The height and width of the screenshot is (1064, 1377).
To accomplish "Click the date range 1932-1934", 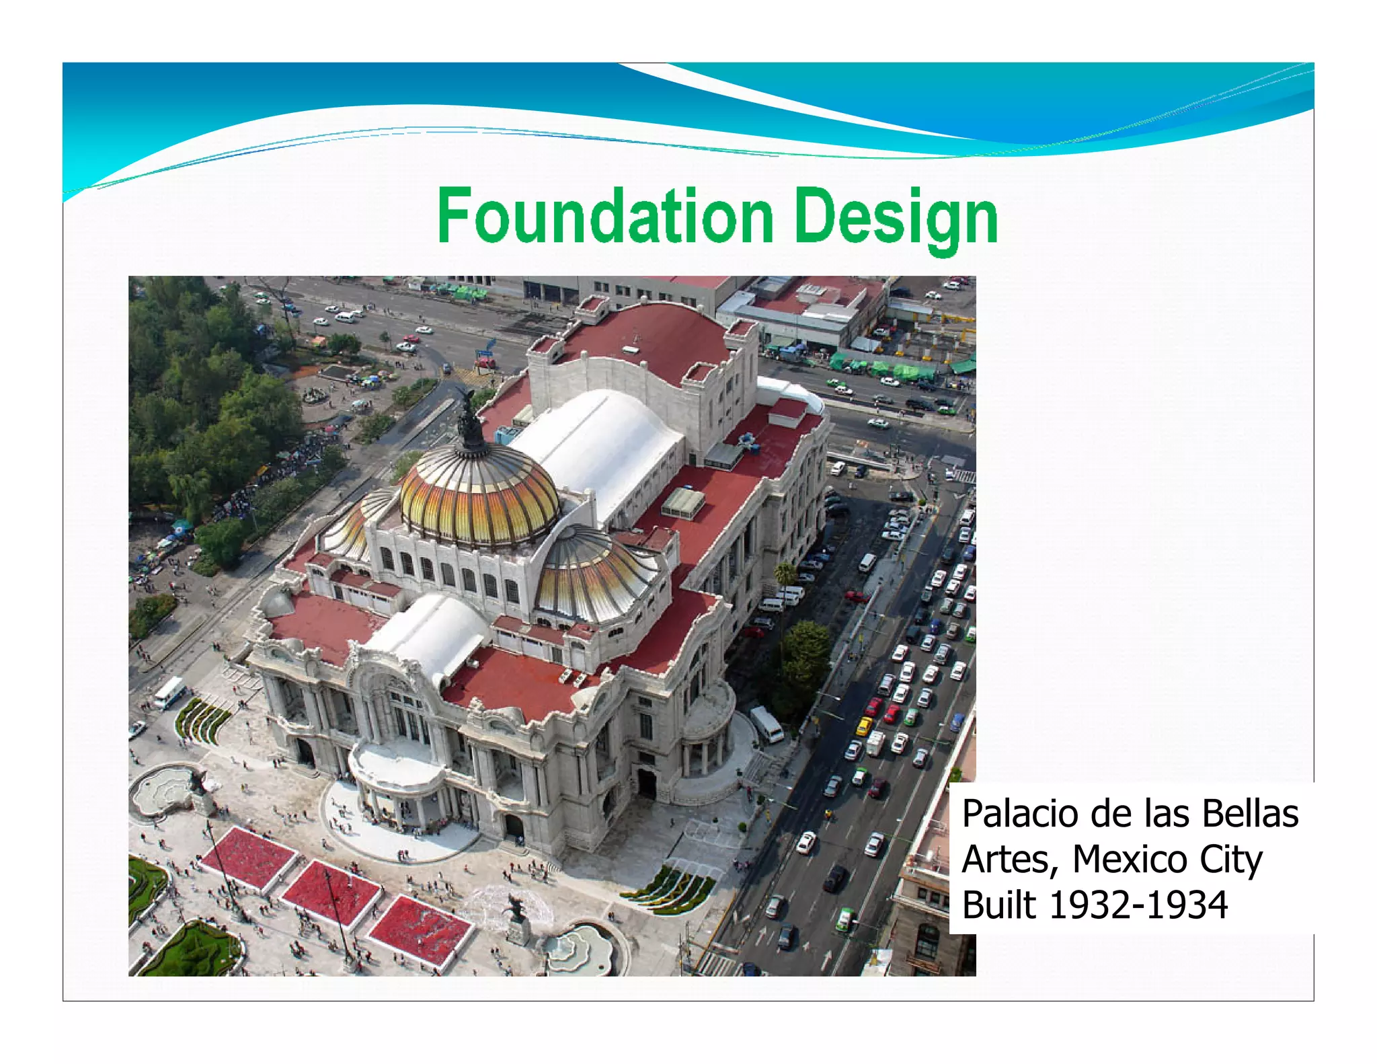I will point(1138,905).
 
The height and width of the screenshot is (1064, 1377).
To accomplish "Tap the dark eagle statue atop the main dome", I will point(469,420).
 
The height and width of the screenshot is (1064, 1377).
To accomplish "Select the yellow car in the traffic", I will point(864,726).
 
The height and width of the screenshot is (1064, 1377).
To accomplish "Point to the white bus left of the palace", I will point(169,693).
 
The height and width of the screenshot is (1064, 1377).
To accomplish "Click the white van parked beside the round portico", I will point(766,724).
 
